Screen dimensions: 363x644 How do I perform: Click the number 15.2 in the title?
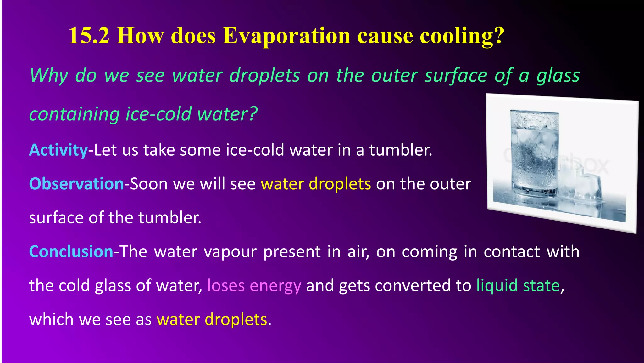click(x=89, y=35)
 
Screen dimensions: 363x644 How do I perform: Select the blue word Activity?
click(x=58, y=150)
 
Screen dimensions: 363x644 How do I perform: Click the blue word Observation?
click(x=76, y=184)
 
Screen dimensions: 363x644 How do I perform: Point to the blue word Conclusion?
click(x=71, y=251)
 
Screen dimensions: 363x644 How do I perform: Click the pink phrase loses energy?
click(x=254, y=285)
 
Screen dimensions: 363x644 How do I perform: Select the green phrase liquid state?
click(x=518, y=285)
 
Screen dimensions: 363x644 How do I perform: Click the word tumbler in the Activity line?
click(x=399, y=150)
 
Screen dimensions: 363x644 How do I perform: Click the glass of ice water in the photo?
click(x=534, y=154)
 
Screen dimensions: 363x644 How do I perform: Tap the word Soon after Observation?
click(x=149, y=184)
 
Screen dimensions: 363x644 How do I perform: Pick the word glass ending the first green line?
click(x=558, y=76)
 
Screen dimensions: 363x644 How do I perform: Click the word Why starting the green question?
click(x=49, y=76)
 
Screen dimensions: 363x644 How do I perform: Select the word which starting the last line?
click(x=51, y=319)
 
